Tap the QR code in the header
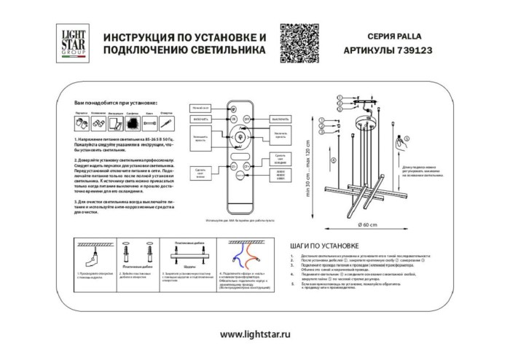[x=299, y=42]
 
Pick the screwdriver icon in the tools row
[x=166, y=125]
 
